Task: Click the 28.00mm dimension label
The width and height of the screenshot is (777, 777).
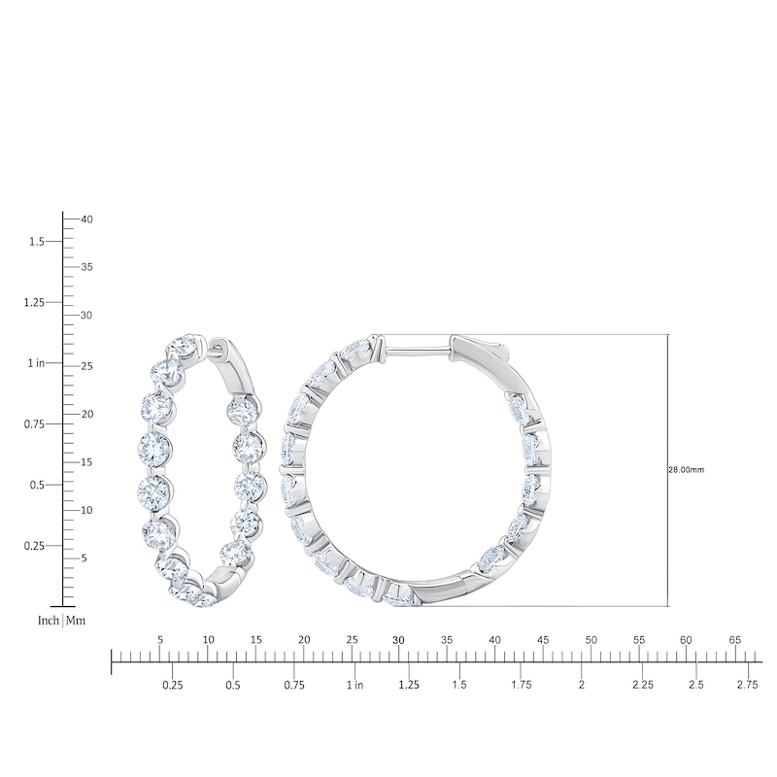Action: pyautogui.click(x=687, y=470)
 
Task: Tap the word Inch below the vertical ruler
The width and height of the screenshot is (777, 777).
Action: pyautogui.click(x=49, y=620)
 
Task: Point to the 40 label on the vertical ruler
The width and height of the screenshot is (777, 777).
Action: pyautogui.click(x=86, y=220)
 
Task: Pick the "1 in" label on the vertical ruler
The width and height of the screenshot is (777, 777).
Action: pyautogui.click(x=34, y=362)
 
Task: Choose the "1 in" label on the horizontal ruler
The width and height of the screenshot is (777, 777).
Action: pyautogui.click(x=354, y=685)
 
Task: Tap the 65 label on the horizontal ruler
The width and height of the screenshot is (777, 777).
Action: pyautogui.click(x=734, y=639)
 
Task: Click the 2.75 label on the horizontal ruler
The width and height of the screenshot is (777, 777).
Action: pyautogui.click(x=747, y=685)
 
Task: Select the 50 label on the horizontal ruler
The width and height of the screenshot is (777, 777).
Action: pyautogui.click(x=591, y=639)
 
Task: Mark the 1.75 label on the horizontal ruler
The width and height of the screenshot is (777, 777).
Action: pyautogui.click(x=522, y=685)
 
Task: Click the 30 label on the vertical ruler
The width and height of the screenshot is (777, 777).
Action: pyautogui.click(x=86, y=316)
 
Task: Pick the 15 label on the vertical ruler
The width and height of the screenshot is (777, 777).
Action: pyautogui.click(x=86, y=461)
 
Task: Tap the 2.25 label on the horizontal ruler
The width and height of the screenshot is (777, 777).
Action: pyautogui.click(x=643, y=685)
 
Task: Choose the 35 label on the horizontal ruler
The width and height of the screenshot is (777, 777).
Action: pyautogui.click(x=447, y=639)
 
